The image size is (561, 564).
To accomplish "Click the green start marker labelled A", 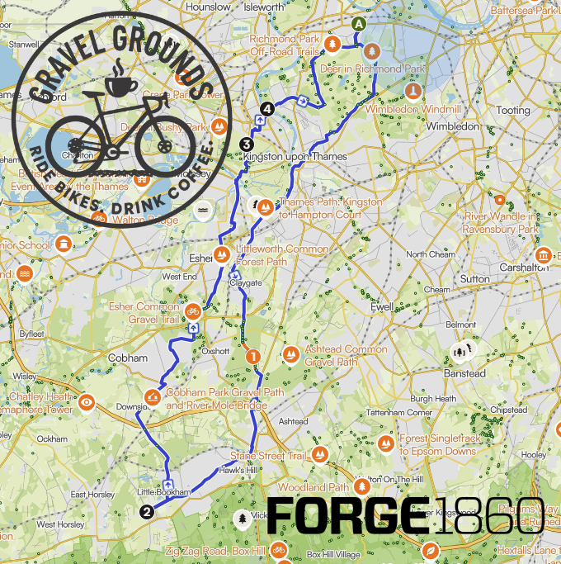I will (x=358, y=24).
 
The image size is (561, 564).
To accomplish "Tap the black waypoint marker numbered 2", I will (x=147, y=511).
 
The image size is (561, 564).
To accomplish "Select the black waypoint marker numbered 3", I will (x=246, y=145).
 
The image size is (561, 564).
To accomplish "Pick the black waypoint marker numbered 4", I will (x=266, y=108).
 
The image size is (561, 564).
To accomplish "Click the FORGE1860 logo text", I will (x=404, y=516).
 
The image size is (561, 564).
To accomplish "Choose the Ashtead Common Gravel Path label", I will (x=346, y=355).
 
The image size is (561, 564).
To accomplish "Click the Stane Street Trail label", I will (x=268, y=455).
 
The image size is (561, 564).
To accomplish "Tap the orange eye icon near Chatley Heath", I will (x=87, y=402).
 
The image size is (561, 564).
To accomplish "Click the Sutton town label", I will (x=474, y=279).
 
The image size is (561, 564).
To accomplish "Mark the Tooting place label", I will (x=513, y=110).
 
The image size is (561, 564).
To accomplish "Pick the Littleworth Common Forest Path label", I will (x=282, y=254).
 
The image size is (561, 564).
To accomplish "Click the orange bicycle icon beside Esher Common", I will (x=192, y=311).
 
